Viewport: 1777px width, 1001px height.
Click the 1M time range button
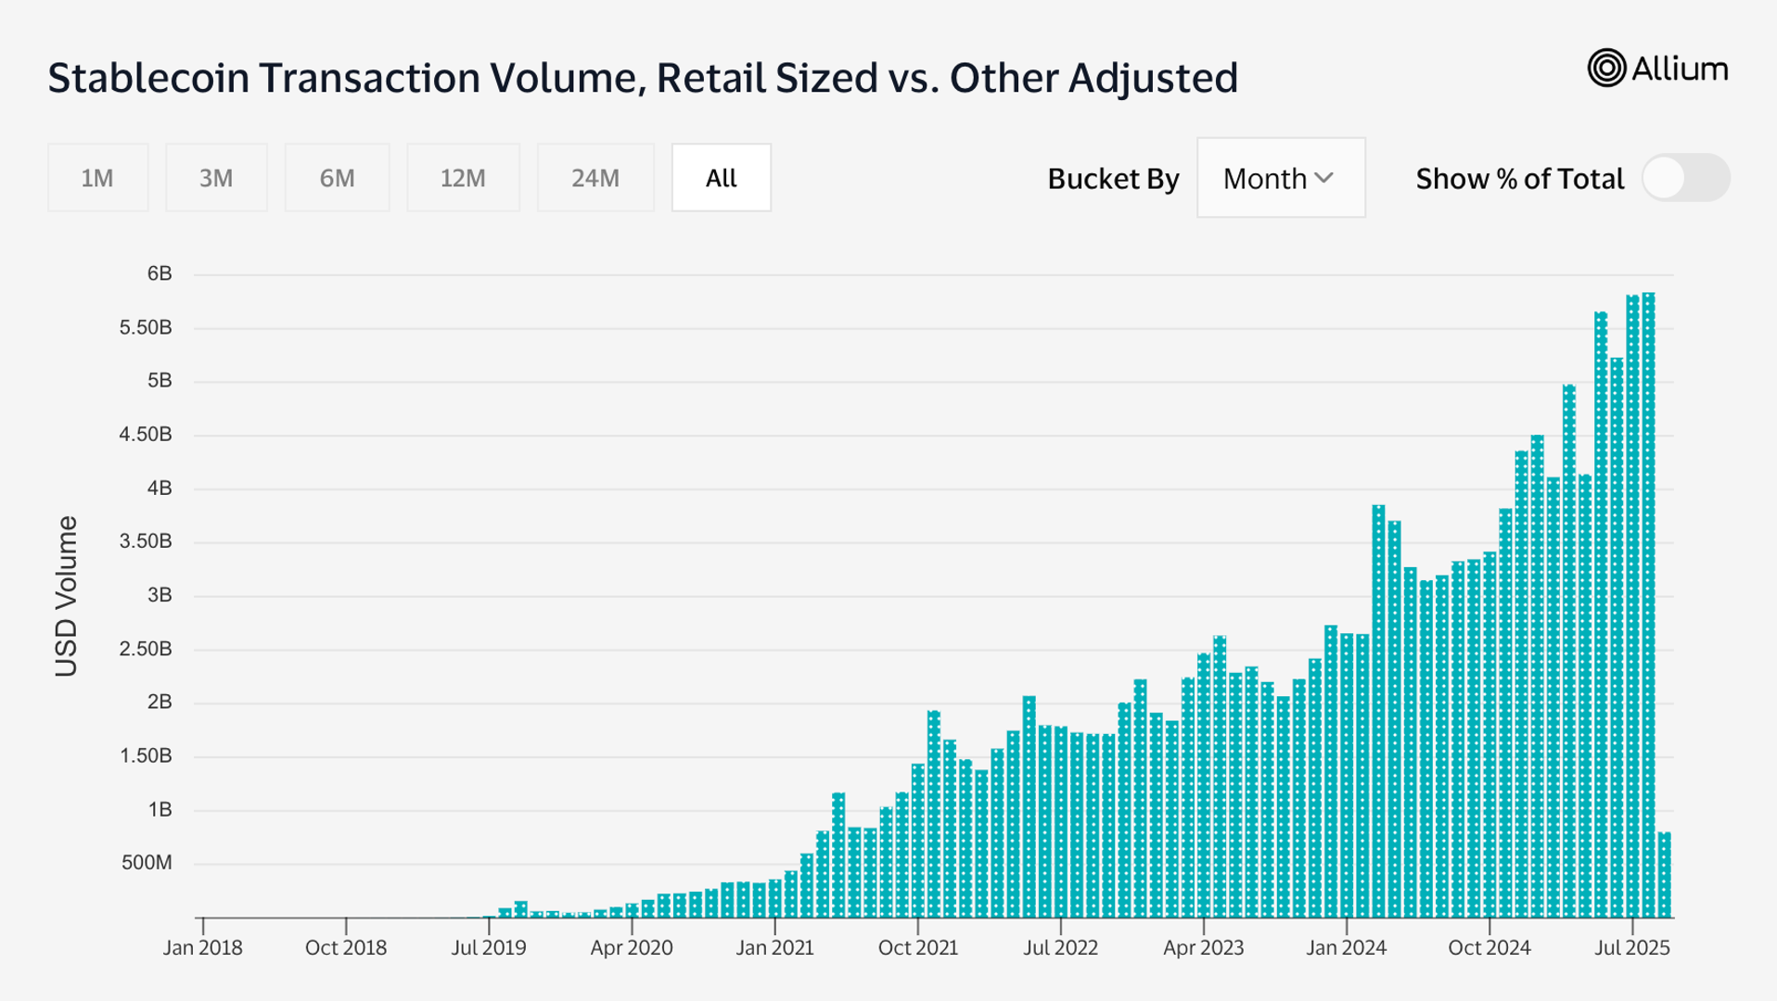(x=97, y=178)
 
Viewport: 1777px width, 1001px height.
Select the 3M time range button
(x=216, y=178)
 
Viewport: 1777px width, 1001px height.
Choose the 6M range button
(x=337, y=178)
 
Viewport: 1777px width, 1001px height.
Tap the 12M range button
(x=463, y=178)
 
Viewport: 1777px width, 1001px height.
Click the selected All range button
(x=721, y=178)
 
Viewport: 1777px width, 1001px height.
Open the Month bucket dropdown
(x=1280, y=178)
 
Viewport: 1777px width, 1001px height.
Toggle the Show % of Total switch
(x=1684, y=178)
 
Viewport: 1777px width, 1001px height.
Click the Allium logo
(x=1657, y=69)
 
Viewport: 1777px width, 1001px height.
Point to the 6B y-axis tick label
(x=159, y=273)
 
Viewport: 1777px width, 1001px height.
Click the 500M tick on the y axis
(x=147, y=863)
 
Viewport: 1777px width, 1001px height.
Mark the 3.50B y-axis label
(x=146, y=541)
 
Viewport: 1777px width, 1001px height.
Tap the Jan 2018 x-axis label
(x=202, y=947)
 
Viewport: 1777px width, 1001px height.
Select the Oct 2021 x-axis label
(x=917, y=947)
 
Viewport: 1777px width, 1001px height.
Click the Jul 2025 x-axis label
(x=1631, y=947)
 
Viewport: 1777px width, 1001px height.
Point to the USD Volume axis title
(x=66, y=596)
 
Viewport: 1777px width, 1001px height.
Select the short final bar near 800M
(x=1665, y=875)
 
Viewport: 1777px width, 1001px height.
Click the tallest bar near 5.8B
(x=1648, y=602)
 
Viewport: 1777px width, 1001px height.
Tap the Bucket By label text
(x=1112, y=179)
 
